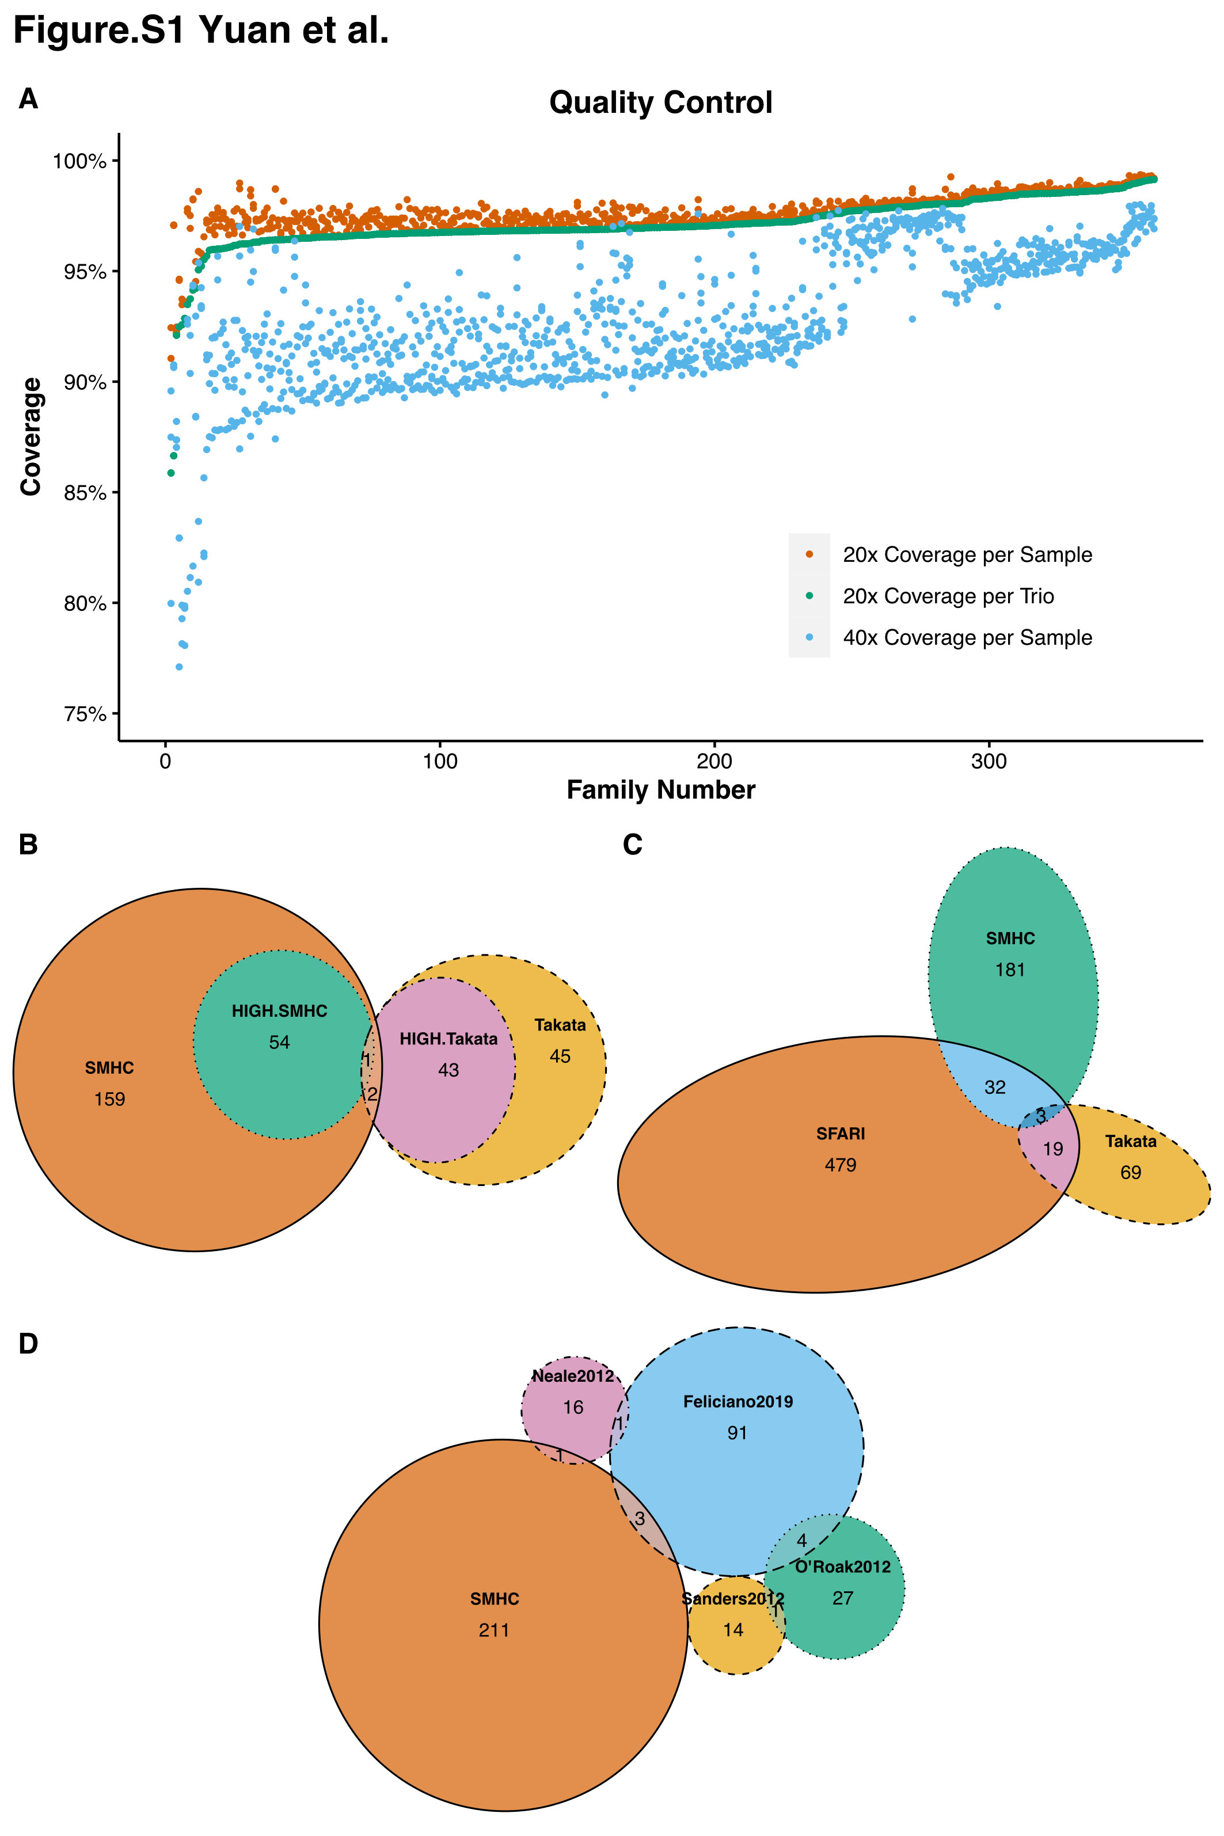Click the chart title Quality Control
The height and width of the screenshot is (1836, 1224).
(660, 102)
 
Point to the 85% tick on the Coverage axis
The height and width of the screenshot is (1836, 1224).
(85, 493)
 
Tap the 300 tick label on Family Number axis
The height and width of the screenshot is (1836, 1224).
(989, 762)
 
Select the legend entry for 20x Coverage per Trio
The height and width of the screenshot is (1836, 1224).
(948, 596)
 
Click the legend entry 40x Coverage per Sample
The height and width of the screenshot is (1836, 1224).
(967, 638)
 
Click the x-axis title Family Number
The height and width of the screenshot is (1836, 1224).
(660, 790)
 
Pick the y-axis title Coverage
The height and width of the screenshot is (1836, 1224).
(31, 436)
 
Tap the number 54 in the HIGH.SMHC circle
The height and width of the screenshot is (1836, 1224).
(279, 1042)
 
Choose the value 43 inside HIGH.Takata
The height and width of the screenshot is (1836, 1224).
(448, 1070)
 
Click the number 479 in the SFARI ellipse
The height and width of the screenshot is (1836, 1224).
(840, 1165)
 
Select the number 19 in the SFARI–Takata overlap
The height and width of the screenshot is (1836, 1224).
(1052, 1149)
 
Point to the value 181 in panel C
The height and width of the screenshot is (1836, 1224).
(1009, 970)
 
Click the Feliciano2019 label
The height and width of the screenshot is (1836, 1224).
(738, 1401)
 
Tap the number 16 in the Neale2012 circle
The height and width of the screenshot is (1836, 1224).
(573, 1408)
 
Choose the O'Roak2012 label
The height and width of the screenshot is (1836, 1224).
(842, 1567)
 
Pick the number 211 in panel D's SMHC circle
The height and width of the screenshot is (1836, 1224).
(494, 1630)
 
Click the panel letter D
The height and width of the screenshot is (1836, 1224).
(28, 1343)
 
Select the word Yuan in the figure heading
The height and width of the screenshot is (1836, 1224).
(244, 31)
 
